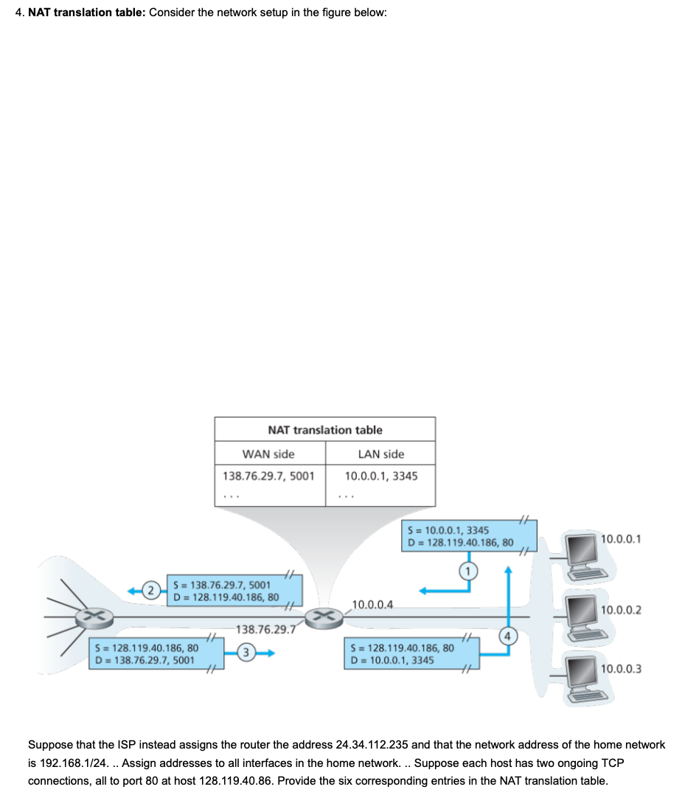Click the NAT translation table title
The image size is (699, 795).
pos(325,430)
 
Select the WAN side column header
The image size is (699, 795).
pos(268,454)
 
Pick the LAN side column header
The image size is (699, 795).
pos(380,454)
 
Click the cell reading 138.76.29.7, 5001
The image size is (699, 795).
pos(268,476)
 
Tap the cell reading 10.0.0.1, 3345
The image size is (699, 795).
pos(380,476)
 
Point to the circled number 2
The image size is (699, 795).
pos(150,590)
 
